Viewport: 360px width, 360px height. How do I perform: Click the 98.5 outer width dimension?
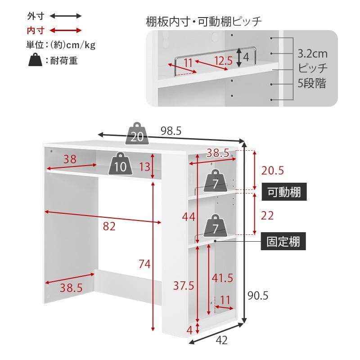(171, 131)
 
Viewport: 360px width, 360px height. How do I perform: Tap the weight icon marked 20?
(137, 133)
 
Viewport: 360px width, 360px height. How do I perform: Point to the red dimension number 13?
(144, 167)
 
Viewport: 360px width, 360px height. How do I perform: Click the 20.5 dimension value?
(273, 171)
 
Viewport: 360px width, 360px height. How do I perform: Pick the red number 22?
(267, 216)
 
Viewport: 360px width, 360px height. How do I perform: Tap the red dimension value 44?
(189, 217)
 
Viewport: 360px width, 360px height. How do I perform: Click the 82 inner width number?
(109, 227)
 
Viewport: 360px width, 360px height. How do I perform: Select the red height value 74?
(144, 265)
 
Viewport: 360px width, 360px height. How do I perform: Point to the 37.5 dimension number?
(184, 285)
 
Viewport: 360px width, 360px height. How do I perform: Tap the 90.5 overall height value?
(258, 296)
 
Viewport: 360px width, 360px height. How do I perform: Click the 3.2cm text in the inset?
(312, 54)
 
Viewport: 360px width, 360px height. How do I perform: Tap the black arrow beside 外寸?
(66, 16)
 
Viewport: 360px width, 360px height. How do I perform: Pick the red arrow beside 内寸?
(66, 31)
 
